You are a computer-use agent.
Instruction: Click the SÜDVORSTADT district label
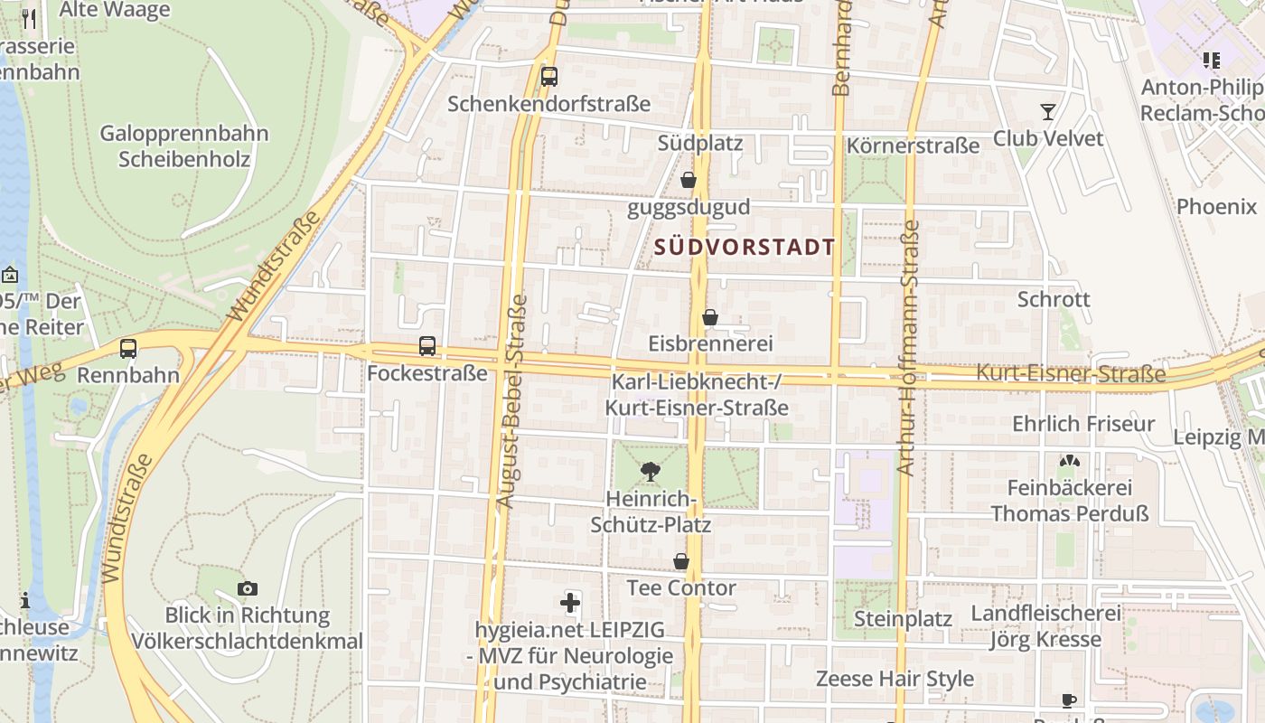[745, 247]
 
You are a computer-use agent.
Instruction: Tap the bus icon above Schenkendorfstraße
[548, 77]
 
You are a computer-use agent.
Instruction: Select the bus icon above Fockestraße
[427, 345]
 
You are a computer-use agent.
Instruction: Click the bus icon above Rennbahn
[128, 348]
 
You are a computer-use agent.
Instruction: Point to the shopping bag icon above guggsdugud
[689, 180]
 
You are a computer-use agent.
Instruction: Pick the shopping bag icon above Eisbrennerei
[710, 317]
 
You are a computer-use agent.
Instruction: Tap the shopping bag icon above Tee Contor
[681, 561]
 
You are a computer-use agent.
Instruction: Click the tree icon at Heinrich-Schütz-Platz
[650, 470]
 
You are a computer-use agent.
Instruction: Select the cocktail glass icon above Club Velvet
[1048, 111]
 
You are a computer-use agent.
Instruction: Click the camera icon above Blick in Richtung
[247, 588]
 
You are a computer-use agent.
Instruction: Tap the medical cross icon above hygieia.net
[570, 602]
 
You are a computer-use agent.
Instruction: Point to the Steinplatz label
[903, 619]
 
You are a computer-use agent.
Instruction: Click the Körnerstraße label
[913, 146]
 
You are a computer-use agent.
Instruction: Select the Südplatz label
[700, 143]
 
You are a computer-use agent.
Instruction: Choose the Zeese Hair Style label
[895, 679]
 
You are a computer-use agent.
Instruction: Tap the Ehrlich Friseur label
[1083, 424]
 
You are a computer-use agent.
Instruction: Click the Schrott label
[1054, 299]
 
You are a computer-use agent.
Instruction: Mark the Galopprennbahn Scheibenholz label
[184, 146]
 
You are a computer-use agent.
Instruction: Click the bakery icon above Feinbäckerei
[1070, 461]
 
